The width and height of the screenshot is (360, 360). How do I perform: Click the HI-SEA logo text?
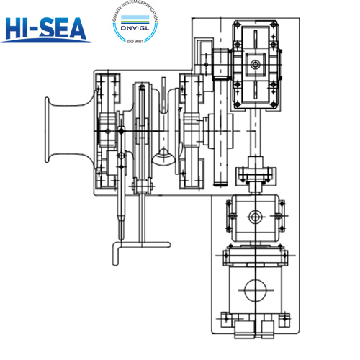(45, 28)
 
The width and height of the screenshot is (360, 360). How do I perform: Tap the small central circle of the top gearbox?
(255, 66)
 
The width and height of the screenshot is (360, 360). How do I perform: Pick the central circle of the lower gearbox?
(254, 217)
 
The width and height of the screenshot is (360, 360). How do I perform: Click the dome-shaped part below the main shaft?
(165, 156)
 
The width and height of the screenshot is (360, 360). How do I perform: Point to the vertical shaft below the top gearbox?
(255, 133)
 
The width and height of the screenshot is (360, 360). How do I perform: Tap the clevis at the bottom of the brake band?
(143, 187)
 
